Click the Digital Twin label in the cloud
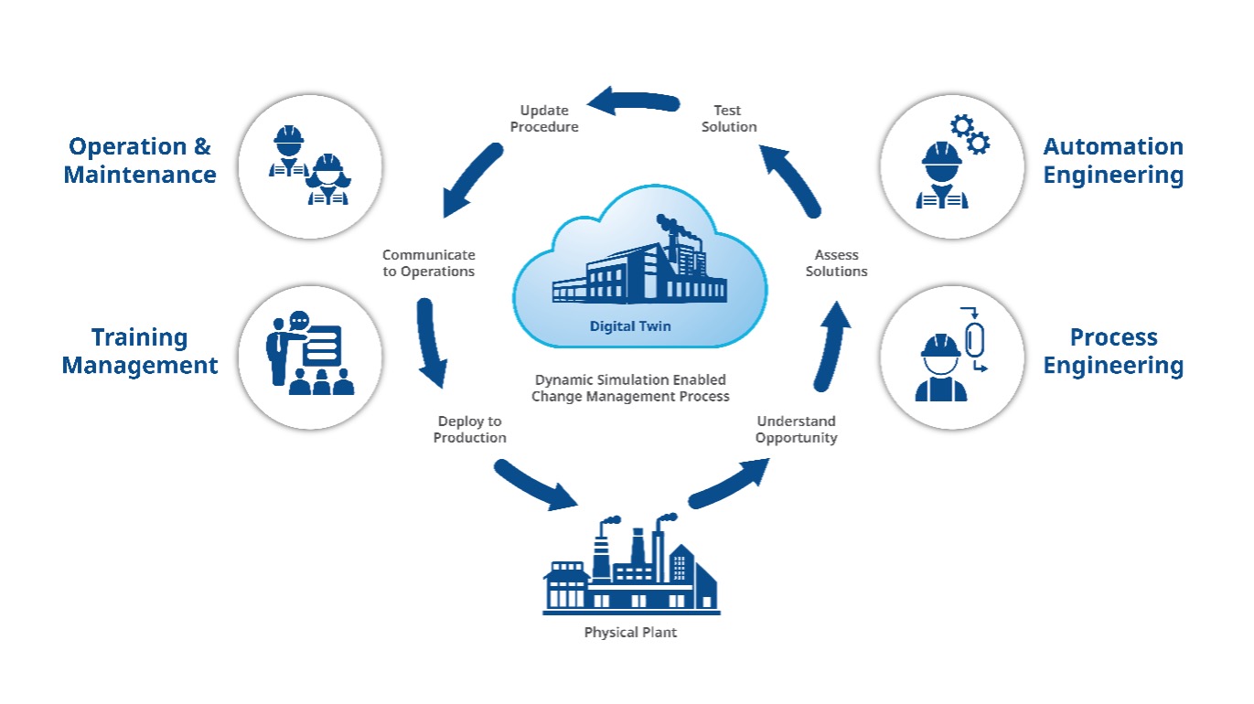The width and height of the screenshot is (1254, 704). (x=630, y=325)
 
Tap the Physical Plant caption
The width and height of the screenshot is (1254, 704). (x=630, y=632)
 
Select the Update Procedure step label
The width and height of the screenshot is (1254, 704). (x=543, y=119)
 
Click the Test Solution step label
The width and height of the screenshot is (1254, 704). (x=729, y=119)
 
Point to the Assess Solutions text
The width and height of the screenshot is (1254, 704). (x=836, y=263)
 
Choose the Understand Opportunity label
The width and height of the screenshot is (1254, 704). (x=796, y=430)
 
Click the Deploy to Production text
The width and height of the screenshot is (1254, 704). (x=469, y=430)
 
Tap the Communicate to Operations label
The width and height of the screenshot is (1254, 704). (x=428, y=263)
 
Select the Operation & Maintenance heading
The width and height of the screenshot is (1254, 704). (x=140, y=160)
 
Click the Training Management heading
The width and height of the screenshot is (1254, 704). (x=140, y=351)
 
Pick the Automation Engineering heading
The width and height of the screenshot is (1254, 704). (x=1113, y=160)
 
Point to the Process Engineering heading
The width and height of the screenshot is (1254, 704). (x=1113, y=351)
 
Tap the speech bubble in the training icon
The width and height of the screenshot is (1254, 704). (x=298, y=321)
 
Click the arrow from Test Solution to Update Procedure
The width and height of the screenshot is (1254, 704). (x=632, y=101)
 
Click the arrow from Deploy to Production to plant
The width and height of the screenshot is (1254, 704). (x=535, y=486)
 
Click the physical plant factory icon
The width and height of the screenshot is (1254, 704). (x=630, y=567)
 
